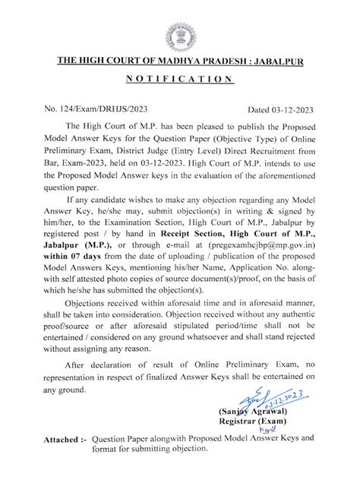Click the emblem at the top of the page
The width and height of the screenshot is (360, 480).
180,33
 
